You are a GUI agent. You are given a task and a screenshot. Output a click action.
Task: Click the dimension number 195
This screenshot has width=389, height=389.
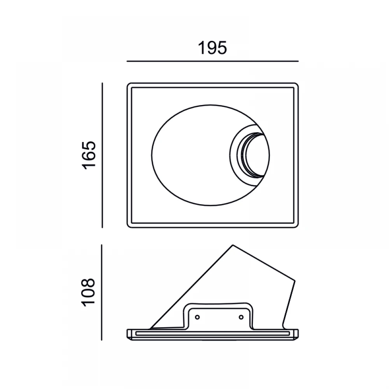click(x=212, y=48)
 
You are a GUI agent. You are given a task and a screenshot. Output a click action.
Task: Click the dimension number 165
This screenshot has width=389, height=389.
click(x=89, y=155)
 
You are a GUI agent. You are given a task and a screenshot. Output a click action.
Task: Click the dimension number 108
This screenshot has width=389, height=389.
click(x=89, y=293)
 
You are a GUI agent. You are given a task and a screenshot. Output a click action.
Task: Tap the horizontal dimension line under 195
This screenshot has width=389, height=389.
click(x=213, y=61)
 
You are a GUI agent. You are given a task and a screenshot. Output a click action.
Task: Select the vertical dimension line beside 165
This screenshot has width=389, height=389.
click(x=102, y=155)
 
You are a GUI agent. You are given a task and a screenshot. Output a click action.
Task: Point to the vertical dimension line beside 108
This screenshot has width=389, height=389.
click(x=102, y=293)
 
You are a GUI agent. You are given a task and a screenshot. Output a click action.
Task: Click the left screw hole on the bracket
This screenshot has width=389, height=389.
click(x=197, y=317)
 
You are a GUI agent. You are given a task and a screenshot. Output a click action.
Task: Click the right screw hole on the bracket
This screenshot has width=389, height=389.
click(x=241, y=317)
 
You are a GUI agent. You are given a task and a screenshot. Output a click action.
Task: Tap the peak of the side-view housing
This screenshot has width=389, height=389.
click(x=233, y=245)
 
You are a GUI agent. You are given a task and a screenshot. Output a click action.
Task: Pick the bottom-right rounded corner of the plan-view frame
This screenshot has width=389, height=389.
click(x=296, y=226)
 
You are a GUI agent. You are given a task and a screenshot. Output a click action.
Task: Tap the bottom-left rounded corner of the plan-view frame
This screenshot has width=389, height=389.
click(x=129, y=226)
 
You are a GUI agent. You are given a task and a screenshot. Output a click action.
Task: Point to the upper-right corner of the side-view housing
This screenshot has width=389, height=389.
click(x=295, y=281)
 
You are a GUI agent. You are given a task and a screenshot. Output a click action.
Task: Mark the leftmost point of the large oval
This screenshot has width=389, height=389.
click(x=152, y=155)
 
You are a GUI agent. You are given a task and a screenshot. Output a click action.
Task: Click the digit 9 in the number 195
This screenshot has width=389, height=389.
click(x=212, y=48)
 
